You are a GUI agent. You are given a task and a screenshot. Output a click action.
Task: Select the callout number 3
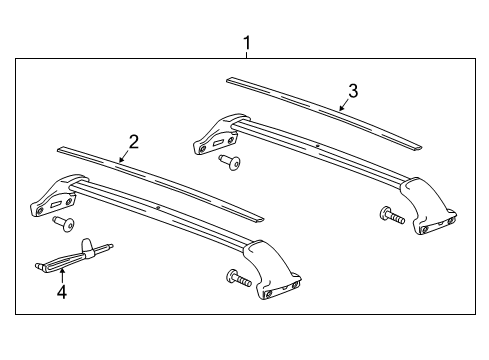click(x=353, y=91)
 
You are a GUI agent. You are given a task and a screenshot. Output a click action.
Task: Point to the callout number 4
click(x=62, y=293)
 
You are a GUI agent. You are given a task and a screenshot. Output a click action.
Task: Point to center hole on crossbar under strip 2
click(x=159, y=207)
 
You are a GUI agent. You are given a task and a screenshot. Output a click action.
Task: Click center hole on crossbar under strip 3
click(x=317, y=146)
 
